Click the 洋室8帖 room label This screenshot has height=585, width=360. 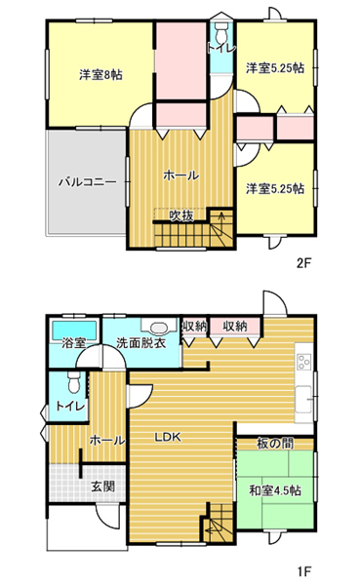click(100, 75)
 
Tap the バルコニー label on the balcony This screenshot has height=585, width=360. click(88, 182)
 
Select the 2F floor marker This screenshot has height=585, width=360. click(303, 264)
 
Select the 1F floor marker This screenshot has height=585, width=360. click(304, 570)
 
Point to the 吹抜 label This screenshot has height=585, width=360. click(181, 215)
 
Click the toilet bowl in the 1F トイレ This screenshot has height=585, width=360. click(74, 381)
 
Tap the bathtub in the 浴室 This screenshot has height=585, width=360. click(73, 330)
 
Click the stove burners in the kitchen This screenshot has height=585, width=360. click(303, 361)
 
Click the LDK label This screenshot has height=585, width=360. click(168, 437)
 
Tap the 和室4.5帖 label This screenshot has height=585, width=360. click(275, 490)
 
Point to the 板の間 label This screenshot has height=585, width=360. click(275, 444)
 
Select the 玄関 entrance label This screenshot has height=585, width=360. click(103, 487)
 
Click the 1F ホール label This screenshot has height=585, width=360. click(107, 441)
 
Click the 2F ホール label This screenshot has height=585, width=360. click(180, 175)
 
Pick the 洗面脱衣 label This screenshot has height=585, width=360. click(141, 343)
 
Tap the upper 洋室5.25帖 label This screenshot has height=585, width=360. click(274, 68)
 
